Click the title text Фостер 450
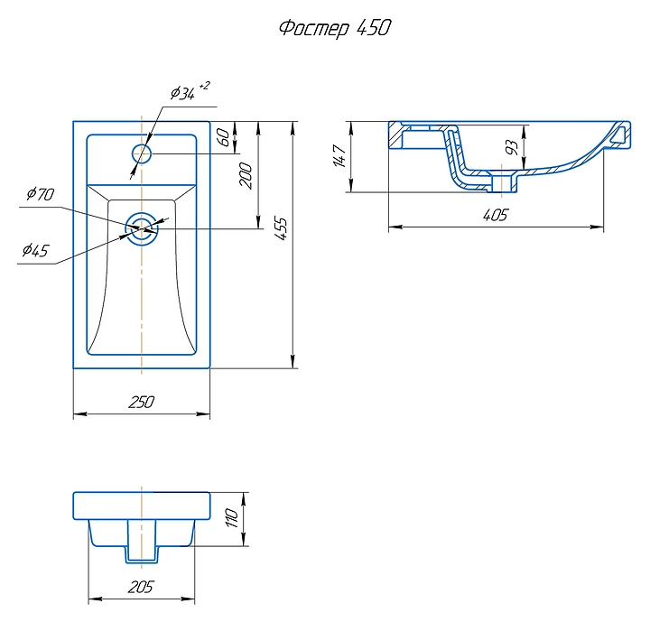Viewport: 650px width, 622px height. point(335,29)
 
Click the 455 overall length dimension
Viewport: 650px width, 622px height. point(281,229)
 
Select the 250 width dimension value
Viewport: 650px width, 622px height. point(142,402)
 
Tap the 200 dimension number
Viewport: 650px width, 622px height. point(246,176)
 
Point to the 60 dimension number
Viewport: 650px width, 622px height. point(224,137)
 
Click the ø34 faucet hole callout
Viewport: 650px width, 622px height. point(182,93)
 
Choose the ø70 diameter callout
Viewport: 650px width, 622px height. point(41,194)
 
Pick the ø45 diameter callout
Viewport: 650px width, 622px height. point(35,250)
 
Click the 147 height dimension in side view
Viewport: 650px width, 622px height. point(340,156)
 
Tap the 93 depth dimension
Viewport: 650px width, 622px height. point(513,148)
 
